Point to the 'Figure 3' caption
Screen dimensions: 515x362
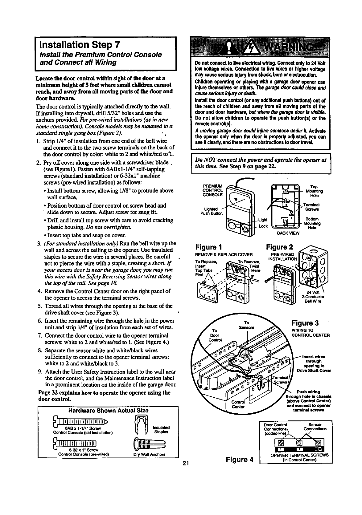(x=305, y=323)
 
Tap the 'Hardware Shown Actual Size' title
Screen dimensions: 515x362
(x=108, y=410)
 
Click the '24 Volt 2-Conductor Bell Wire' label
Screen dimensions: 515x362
(x=312, y=297)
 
